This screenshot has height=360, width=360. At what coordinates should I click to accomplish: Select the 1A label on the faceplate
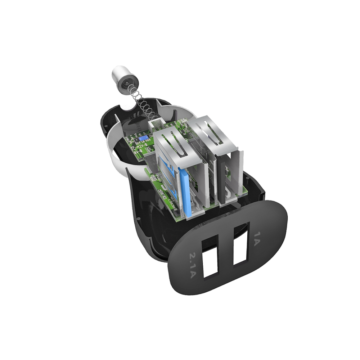(257, 239)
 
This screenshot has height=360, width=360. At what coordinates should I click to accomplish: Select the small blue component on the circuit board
(142, 138)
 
